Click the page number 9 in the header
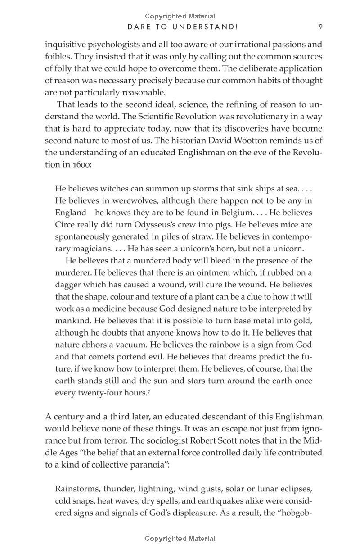(x=320, y=27)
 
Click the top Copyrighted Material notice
(x=180, y=17)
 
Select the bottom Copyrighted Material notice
(x=180, y=539)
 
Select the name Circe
(x=65, y=225)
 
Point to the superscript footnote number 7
(x=148, y=391)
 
